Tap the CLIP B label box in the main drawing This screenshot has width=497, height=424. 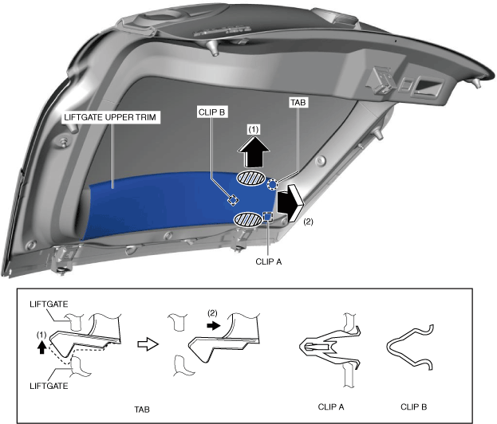(212, 112)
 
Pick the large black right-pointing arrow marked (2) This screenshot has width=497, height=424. (290, 203)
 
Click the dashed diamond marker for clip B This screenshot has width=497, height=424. (233, 199)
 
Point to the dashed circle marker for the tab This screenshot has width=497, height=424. (273, 185)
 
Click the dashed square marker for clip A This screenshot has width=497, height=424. (268, 216)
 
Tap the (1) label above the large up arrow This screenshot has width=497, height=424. (254, 128)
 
